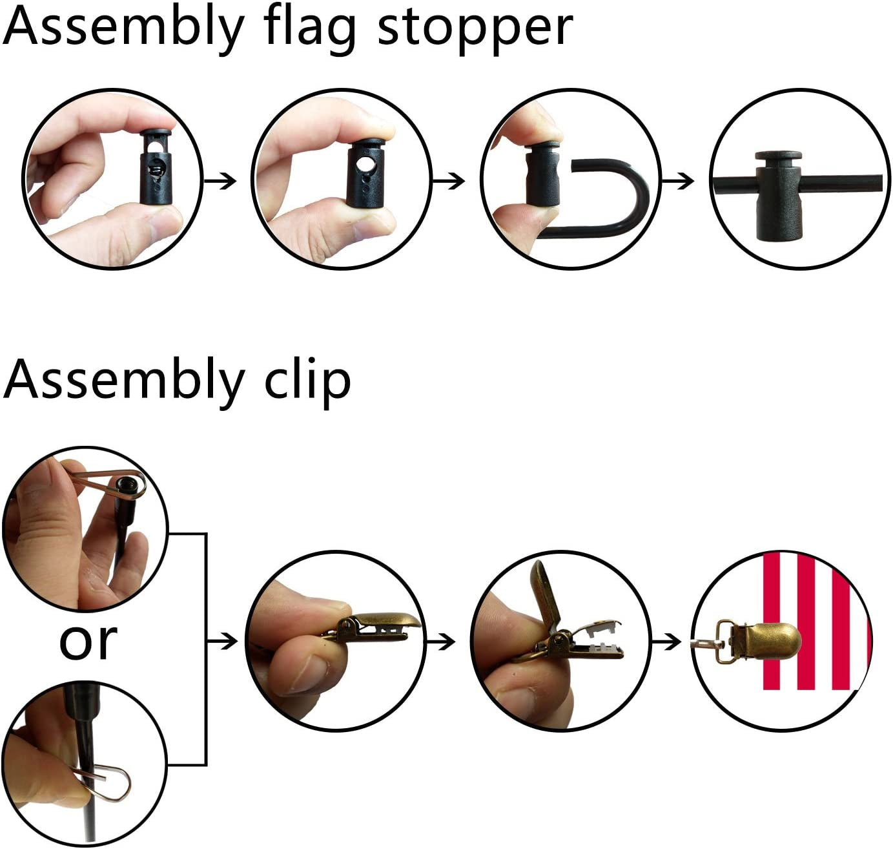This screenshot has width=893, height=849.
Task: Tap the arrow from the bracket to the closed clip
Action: [223, 641]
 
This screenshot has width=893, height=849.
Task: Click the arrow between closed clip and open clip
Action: [446, 642]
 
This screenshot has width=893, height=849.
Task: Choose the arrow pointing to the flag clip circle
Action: [666, 642]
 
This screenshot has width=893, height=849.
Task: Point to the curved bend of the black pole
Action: [636, 194]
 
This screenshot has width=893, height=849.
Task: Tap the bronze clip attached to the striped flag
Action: [772, 640]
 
